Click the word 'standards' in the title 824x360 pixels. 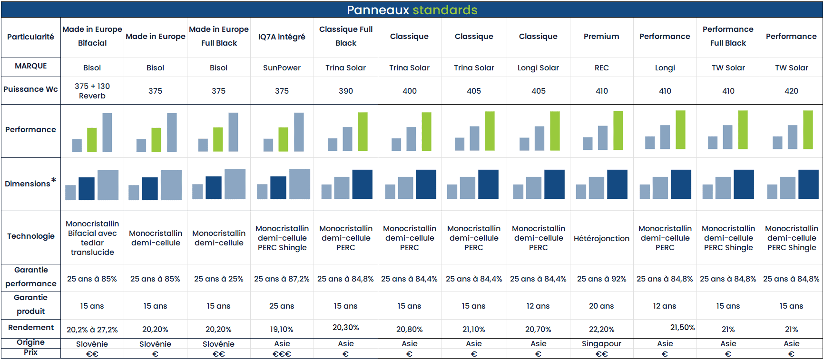(x=445, y=10)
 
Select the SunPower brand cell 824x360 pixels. (x=282, y=68)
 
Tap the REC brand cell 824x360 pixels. (x=601, y=68)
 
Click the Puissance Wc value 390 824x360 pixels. (x=345, y=91)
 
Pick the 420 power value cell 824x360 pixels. (x=791, y=91)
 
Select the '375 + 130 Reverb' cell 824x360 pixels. (x=92, y=91)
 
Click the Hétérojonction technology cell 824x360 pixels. (x=601, y=238)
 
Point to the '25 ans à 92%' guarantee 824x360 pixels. (x=601, y=279)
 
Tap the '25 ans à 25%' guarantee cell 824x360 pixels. (x=218, y=279)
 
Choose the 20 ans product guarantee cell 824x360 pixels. (x=601, y=306)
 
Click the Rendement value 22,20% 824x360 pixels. (x=601, y=329)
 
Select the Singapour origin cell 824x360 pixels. (x=601, y=343)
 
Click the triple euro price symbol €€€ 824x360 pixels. (x=282, y=354)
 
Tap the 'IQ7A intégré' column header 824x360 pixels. (x=282, y=37)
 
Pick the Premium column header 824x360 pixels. (x=601, y=36)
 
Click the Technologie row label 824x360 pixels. (x=31, y=236)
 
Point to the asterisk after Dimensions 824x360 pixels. (x=54, y=180)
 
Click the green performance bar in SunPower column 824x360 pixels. (x=283, y=139)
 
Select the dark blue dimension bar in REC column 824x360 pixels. (x=617, y=184)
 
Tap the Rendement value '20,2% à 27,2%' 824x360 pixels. (x=92, y=329)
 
